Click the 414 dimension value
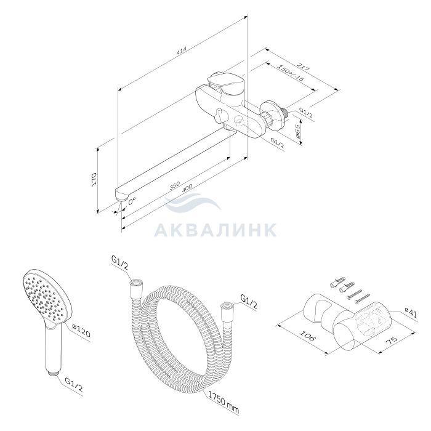click(x=181, y=51)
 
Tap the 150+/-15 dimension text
click(x=290, y=73)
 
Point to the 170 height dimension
click(x=94, y=179)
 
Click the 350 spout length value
click(x=174, y=185)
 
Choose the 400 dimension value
click(x=187, y=188)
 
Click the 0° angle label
click(x=132, y=201)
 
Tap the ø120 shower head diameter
click(x=81, y=330)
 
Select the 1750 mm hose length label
click(x=223, y=402)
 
